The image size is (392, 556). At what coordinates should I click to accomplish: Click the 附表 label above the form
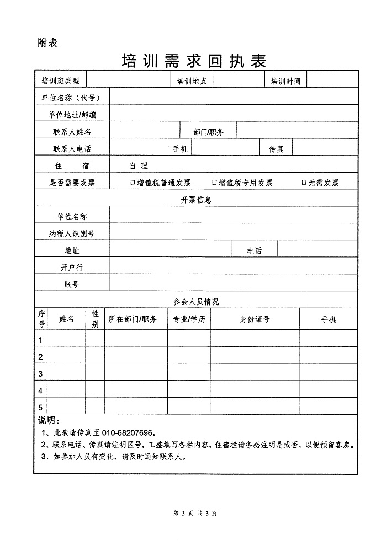coord(46,42)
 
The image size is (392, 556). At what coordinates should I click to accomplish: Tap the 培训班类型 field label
coord(60,81)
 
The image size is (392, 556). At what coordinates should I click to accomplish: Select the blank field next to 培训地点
coord(238,81)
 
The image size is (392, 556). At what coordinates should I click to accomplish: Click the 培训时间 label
coord(285,81)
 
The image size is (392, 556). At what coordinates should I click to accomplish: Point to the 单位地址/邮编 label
coord(72,114)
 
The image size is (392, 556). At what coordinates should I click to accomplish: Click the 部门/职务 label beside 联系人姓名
coord(208,132)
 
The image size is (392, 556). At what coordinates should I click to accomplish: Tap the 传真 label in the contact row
coord(276,149)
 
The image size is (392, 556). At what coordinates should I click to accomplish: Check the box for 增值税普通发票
coord(133,183)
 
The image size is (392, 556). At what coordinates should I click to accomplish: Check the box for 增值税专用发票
coord(214,183)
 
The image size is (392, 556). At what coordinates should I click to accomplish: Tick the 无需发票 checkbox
coord(304,183)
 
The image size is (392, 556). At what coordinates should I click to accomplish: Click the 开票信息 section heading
coord(195,200)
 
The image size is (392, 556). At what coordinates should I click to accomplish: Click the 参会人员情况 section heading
coord(195,301)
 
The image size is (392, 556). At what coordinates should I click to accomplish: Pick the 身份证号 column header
coord(255,319)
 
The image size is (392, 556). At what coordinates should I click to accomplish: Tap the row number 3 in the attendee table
coord(40,374)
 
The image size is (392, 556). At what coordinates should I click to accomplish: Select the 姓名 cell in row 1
coord(66,339)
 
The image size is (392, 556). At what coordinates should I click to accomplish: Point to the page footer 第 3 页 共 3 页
coord(195,513)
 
